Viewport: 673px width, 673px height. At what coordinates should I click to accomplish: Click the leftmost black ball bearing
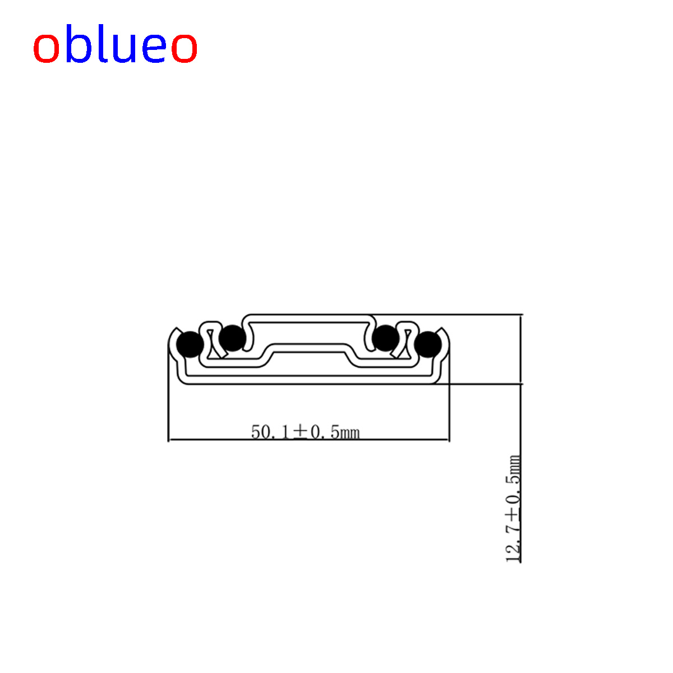(190, 344)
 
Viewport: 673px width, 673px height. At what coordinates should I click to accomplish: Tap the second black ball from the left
(232, 338)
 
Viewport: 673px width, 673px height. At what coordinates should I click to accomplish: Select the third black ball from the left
(385, 338)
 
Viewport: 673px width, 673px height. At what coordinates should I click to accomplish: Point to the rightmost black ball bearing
(428, 344)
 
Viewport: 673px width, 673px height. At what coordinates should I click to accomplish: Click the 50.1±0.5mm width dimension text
(305, 432)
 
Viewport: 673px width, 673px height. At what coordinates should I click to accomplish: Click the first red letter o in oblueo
(46, 48)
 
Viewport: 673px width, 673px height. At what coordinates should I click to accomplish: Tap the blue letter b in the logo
(79, 43)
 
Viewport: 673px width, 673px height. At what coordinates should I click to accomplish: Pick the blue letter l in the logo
(103, 43)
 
